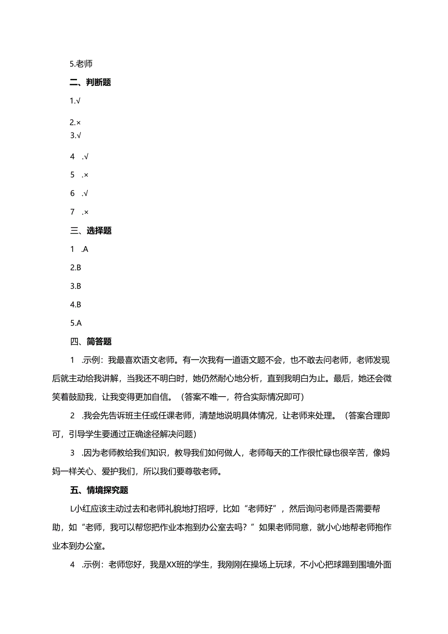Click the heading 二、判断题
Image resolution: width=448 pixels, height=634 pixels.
coord(91,82)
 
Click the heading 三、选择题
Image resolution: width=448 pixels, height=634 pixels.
coord(91,231)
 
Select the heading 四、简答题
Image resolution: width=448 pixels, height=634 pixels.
coord(91,342)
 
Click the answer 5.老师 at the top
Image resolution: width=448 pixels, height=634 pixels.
coord(81,64)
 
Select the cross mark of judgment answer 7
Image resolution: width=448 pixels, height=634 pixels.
coord(86,212)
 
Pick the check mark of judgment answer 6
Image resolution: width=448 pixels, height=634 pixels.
coord(86,193)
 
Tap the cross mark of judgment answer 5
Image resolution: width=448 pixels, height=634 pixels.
coord(86,175)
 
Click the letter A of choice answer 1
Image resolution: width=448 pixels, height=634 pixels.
coord(86,249)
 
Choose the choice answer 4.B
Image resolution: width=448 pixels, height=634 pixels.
coord(75,305)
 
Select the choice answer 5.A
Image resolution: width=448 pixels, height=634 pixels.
coord(75,323)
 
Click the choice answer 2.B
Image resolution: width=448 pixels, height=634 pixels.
coord(75,268)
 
